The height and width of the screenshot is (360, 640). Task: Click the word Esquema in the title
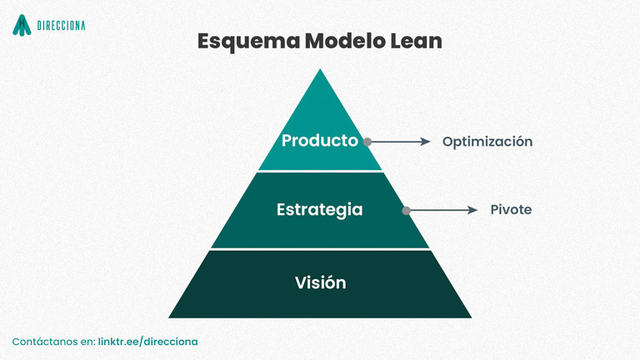click(x=249, y=42)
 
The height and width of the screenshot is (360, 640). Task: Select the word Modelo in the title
click(x=345, y=41)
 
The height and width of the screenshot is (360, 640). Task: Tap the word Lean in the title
click(x=416, y=41)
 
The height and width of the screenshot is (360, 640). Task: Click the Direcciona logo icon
click(x=22, y=25)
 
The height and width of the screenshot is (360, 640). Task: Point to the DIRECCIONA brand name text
click(x=61, y=26)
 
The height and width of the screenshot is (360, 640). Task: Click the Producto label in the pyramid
click(x=320, y=140)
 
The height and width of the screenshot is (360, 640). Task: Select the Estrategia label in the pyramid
click(x=320, y=210)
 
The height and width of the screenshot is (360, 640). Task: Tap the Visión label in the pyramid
click(x=320, y=282)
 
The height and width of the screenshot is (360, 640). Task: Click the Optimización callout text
click(x=487, y=142)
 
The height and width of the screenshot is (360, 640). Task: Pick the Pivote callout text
click(x=511, y=210)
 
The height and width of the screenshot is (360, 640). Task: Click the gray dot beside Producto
click(x=367, y=142)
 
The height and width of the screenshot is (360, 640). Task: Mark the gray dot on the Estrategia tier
click(x=406, y=211)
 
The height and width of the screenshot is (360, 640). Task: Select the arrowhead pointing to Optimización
click(x=426, y=142)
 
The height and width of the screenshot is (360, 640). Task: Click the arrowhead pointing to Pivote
click(x=472, y=210)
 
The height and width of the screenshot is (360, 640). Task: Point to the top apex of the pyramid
click(x=320, y=69)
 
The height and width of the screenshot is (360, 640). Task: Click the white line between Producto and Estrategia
click(x=320, y=172)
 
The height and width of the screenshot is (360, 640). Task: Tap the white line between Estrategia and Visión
click(x=320, y=249)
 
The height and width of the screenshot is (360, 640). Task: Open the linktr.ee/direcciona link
click(x=147, y=342)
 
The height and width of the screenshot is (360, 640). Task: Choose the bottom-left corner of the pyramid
click(x=168, y=317)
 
